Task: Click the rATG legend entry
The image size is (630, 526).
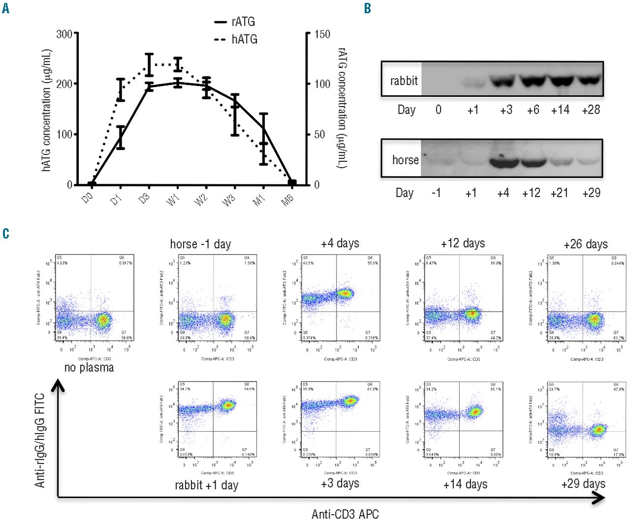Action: pyautogui.click(x=235, y=22)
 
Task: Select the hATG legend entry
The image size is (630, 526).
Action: pyautogui.click(x=236, y=39)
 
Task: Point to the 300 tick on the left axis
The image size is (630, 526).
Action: pyautogui.click(x=64, y=34)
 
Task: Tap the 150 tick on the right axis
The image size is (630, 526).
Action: pyautogui.click(x=322, y=34)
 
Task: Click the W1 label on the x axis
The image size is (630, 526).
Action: pyautogui.click(x=173, y=200)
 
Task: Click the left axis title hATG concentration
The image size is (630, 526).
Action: pyautogui.click(x=47, y=110)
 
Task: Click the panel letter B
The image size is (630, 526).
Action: pyautogui.click(x=367, y=8)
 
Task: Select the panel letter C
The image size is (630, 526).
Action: pyautogui.click(x=5, y=234)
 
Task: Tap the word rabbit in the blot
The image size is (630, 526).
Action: pyautogui.click(x=404, y=81)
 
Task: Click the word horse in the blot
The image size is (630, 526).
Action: pyautogui.click(x=405, y=160)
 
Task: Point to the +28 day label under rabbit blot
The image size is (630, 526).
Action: pyautogui.click(x=591, y=110)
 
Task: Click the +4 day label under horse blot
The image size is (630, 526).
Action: pyautogui.click(x=503, y=193)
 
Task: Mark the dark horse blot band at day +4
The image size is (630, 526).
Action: pyautogui.click(x=503, y=162)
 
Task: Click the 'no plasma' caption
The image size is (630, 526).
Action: pyautogui.click(x=89, y=368)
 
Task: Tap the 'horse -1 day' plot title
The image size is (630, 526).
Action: pyautogui.click(x=200, y=244)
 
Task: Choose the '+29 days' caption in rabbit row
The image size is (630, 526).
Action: pyautogui.click(x=583, y=484)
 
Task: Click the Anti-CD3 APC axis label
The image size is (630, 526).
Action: pyautogui.click(x=345, y=514)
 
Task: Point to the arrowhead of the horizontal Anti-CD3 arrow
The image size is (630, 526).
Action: pyautogui.click(x=601, y=498)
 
